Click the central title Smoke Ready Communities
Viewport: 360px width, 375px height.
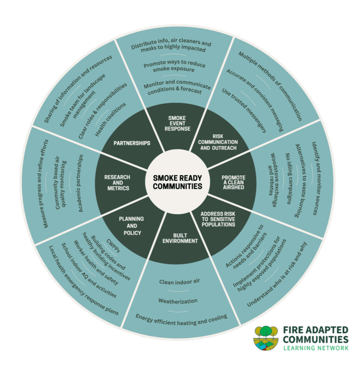click(x=177, y=182)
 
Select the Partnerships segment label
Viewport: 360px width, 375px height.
click(x=132, y=143)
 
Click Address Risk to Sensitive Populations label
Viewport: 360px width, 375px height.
click(x=218, y=219)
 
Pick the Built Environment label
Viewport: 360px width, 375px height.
click(x=180, y=238)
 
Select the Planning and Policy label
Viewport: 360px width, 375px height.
click(x=131, y=226)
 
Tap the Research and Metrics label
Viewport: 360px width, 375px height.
click(x=118, y=183)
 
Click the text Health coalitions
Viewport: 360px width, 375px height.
click(x=111, y=119)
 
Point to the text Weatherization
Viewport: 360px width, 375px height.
click(x=178, y=300)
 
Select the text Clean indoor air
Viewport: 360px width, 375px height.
click(x=180, y=282)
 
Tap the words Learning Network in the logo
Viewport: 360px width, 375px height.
click(x=316, y=348)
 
